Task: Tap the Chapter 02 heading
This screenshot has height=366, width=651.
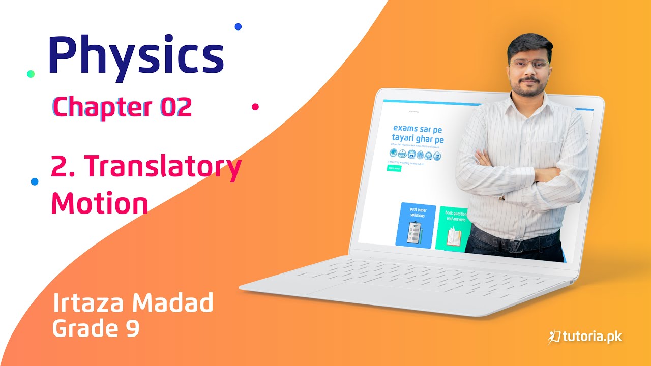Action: [x=122, y=107]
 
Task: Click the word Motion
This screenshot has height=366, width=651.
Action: [x=100, y=203]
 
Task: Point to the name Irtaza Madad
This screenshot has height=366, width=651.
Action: [x=133, y=303]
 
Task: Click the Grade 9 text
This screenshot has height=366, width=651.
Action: [x=96, y=328]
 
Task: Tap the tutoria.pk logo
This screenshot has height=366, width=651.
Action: [x=584, y=337]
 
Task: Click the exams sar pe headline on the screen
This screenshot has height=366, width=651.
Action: [x=417, y=129]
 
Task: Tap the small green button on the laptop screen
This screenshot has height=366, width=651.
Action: [x=394, y=168]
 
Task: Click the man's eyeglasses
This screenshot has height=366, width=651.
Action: [x=529, y=64]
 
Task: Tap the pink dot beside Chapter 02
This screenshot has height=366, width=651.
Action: [x=255, y=107]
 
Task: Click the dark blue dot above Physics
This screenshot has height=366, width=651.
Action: [x=238, y=26]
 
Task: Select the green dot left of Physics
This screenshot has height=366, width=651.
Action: [x=31, y=74]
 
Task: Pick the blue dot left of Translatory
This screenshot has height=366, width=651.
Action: [x=35, y=181]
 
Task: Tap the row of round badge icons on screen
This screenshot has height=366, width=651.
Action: [x=415, y=154]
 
